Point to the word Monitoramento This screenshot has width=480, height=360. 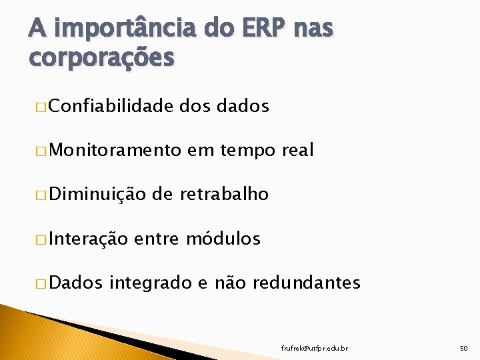(x=115, y=150)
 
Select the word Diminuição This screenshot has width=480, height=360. (x=97, y=195)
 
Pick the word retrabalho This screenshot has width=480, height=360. (x=223, y=194)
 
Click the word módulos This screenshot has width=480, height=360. (x=223, y=239)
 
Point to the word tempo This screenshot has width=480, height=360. (x=247, y=151)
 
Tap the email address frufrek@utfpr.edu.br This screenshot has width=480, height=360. (x=315, y=348)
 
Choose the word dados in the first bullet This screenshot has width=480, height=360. (x=243, y=106)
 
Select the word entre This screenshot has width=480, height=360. (x=158, y=239)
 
